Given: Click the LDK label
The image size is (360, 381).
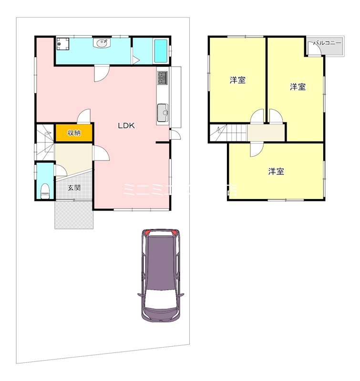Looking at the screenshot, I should point(127,126).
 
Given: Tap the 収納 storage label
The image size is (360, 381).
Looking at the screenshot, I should point(73,133).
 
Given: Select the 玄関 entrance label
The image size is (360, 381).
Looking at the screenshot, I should point(73,187).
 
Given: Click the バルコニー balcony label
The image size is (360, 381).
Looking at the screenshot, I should point(327,43).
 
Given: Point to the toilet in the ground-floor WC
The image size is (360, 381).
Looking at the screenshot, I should point(44,191).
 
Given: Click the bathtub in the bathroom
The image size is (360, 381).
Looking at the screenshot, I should point(161,51).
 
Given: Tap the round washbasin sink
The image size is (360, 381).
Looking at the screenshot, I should point(102,44).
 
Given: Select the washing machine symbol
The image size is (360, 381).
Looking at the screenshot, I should point(63,44).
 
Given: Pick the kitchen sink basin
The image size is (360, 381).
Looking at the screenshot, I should point(163,113).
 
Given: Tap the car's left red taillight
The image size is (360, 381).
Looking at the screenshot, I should point(147,233).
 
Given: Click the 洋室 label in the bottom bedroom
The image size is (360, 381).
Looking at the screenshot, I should point(276,171).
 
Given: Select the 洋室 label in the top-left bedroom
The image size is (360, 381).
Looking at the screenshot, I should point(237,80).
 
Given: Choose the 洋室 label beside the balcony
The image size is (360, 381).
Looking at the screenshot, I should point(298,87).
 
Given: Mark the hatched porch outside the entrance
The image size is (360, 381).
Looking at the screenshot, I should point(73,215).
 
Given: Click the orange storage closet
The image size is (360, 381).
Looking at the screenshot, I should point(73,132).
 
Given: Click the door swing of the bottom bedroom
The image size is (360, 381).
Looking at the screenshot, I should point(256,148).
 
